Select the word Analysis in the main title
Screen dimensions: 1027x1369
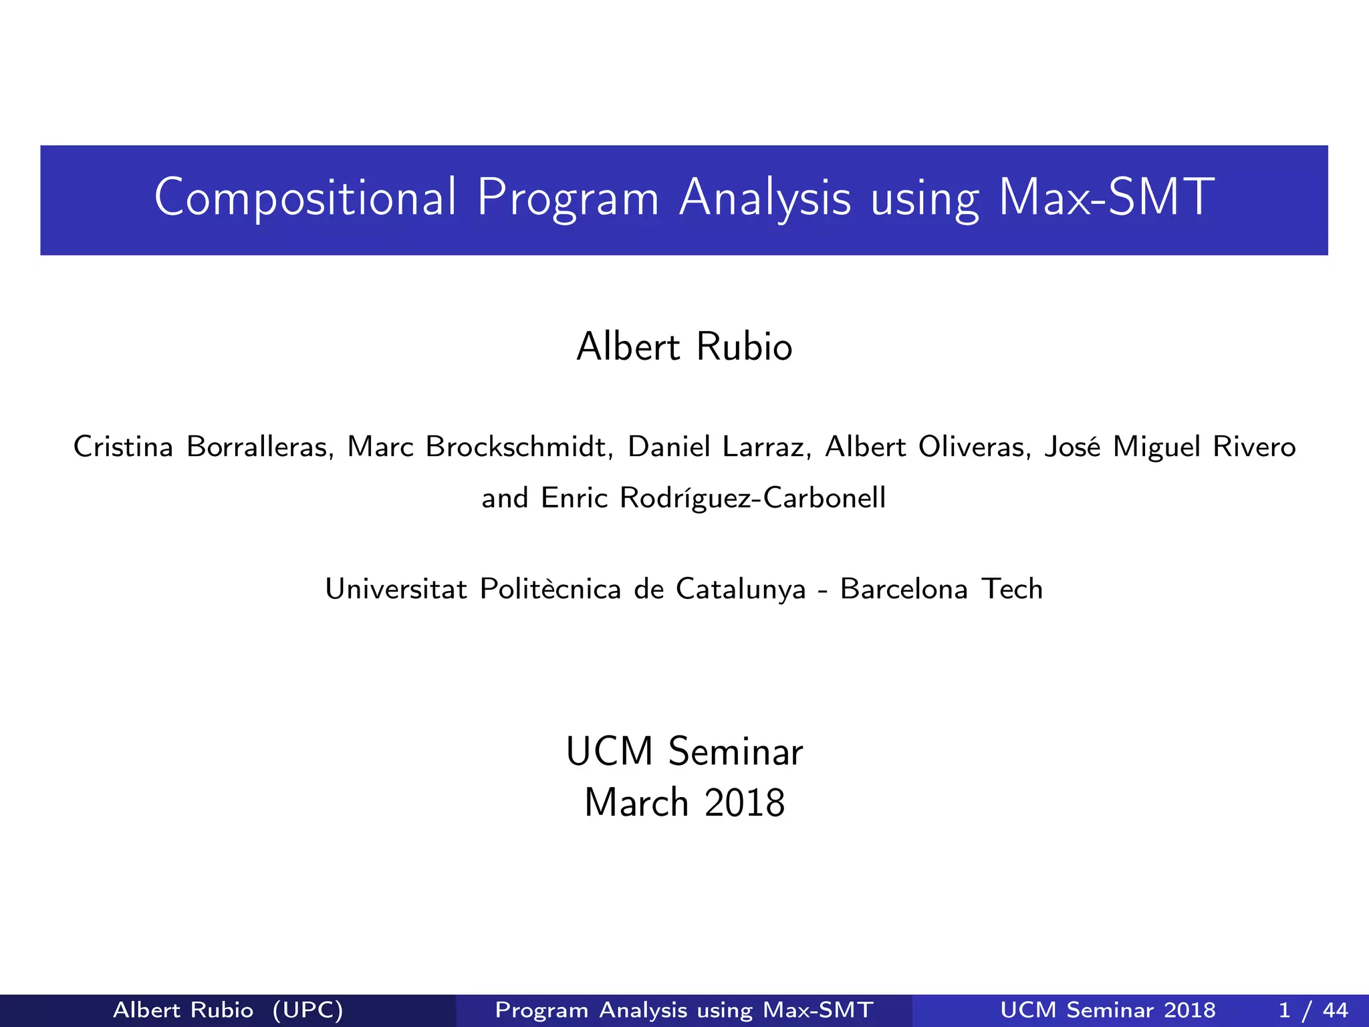[765, 198]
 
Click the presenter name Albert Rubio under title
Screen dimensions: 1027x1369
[684, 347]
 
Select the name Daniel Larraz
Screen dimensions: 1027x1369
[719, 447]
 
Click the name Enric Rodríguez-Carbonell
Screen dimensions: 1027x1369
[713, 498]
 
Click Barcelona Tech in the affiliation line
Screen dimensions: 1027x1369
[941, 589]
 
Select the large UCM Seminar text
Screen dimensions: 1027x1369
[684, 752]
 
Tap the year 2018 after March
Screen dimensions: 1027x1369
[745, 803]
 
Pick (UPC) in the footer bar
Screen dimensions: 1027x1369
[307, 1010]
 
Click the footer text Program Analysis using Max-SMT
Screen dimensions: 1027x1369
[684, 1010]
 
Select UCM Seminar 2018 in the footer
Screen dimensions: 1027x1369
[1108, 1010]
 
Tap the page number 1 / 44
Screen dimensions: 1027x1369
[1313, 1010]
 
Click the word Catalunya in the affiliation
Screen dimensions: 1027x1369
[741, 589]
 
